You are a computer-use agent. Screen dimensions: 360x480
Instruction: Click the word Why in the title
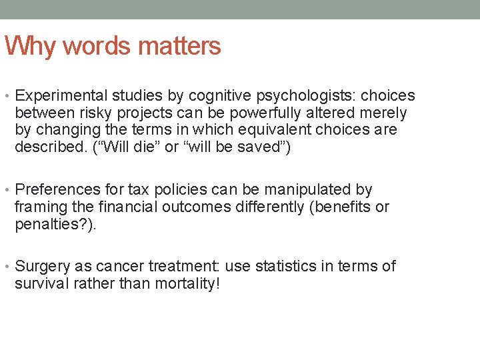click(25, 46)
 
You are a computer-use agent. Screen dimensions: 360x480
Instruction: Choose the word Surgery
click(42, 267)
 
